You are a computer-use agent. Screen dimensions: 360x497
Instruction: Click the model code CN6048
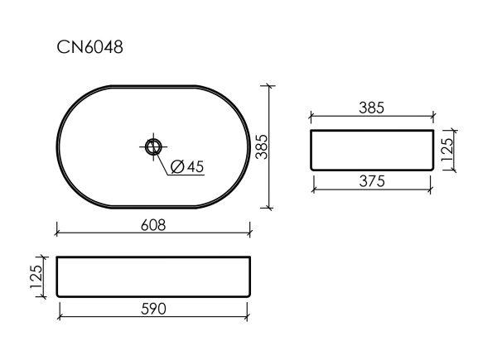[x=89, y=47]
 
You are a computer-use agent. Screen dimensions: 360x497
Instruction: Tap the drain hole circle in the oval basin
[x=153, y=146]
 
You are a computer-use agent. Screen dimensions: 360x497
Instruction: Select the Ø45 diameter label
[x=186, y=166]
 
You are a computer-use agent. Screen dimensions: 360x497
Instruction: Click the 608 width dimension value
[x=153, y=225]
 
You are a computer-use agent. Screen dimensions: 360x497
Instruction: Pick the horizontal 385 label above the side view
[x=372, y=108]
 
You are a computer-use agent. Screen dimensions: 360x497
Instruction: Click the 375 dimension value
[x=372, y=183]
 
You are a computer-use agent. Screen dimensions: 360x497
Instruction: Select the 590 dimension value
[x=153, y=309]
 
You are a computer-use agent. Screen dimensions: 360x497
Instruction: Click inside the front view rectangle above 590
[x=153, y=276]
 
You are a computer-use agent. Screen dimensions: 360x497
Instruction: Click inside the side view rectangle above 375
[x=372, y=150]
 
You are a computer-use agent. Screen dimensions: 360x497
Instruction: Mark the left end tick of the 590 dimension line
[x=60, y=315]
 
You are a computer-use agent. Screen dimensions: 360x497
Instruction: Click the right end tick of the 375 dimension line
[x=432, y=189]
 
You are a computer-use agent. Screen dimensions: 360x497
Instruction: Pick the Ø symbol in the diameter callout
[x=176, y=166]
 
